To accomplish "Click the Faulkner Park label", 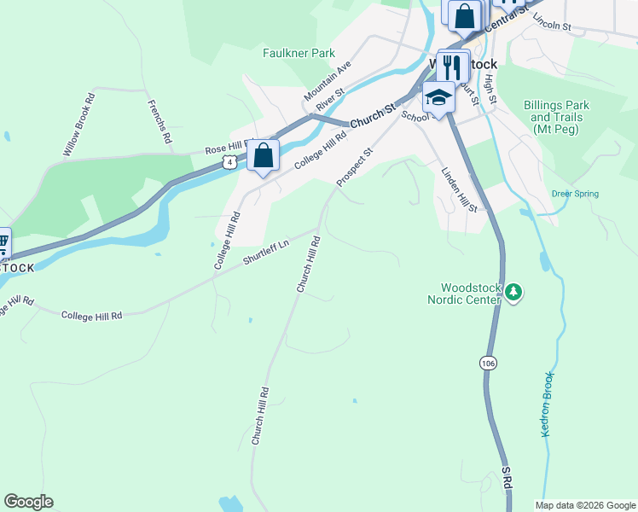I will point(299,53).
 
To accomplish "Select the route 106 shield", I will point(487,363).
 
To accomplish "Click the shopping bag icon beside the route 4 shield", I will point(264,156).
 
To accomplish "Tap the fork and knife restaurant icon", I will point(451,66).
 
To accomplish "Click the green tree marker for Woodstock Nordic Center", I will point(513,294).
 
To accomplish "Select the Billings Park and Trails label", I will point(556,117).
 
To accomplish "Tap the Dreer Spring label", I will point(575,194).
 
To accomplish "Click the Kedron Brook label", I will point(548,404).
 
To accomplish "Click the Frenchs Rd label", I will point(160,121).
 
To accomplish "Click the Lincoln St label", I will point(551,21).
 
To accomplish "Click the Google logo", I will point(28,502).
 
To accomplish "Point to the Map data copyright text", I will point(585,505).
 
